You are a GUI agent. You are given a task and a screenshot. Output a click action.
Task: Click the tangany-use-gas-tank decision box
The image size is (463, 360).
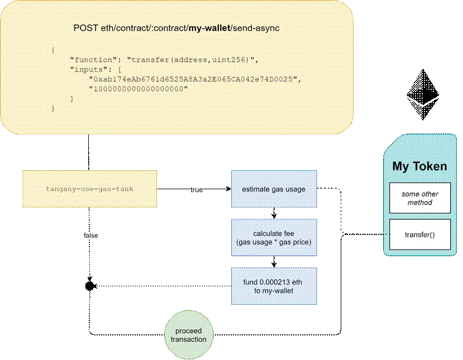point(89,189)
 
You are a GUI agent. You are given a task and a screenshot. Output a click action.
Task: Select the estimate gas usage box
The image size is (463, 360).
point(274,189)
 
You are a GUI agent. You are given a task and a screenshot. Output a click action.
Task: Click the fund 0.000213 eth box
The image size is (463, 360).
point(274,286)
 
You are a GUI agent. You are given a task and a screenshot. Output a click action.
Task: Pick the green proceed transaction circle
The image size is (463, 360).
point(189,335)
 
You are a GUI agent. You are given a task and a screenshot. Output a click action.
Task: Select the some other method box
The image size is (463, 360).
point(419,198)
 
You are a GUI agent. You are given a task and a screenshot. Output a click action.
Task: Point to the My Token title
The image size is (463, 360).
point(419,166)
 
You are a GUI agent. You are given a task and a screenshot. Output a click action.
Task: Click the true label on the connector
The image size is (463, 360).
point(197,190)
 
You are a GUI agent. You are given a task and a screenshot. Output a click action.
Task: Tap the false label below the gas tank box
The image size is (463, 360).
point(90,236)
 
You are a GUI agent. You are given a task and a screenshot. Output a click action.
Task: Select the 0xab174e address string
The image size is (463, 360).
point(194,79)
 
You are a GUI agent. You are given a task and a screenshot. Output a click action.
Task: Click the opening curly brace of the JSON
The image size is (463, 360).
point(53,50)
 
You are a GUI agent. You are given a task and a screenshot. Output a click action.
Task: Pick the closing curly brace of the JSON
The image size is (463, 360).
point(53,109)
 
